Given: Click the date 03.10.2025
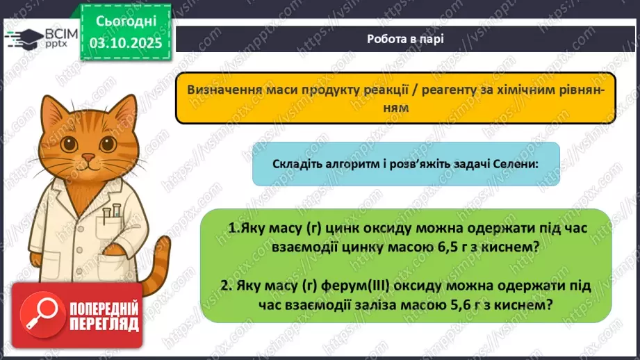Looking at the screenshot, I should [x=126, y=42].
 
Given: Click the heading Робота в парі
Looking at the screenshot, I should [x=406, y=39].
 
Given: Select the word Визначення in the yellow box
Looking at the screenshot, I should [x=222, y=92].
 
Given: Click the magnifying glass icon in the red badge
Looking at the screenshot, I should [x=37, y=315].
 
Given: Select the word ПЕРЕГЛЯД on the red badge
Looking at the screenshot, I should [x=104, y=324].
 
